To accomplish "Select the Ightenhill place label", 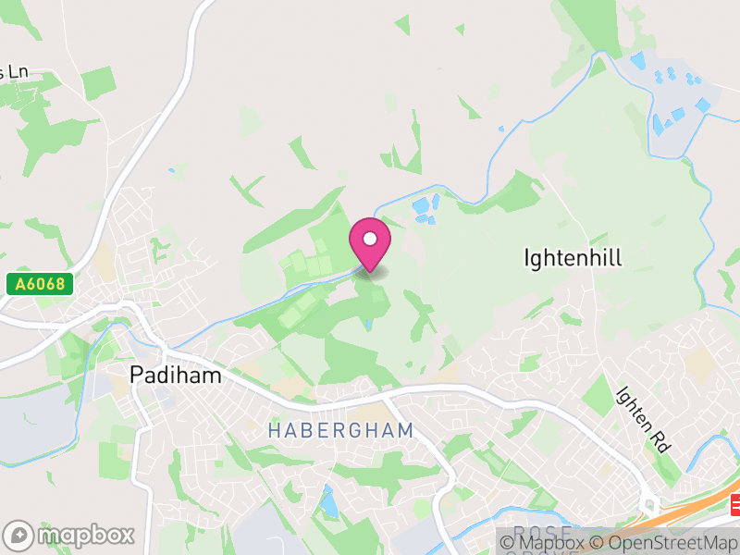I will pyautogui.click(x=573, y=257).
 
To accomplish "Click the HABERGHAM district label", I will pyautogui.click(x=339, y=430).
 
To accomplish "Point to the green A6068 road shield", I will pyautogui.click(x=40, y=284).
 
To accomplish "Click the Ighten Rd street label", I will pyautogui.click(x=642, y=418).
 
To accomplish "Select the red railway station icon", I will pyautogui.click(x=735, y=505).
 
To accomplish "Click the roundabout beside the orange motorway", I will pyautogui.click(x=650, y=506).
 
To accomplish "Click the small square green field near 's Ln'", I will pyautogui.click(x=97, y=83).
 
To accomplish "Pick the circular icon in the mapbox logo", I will pyautogui.click(x=19, y=535).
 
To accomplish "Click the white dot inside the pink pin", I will pyautogui.click(x=370, y=239).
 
